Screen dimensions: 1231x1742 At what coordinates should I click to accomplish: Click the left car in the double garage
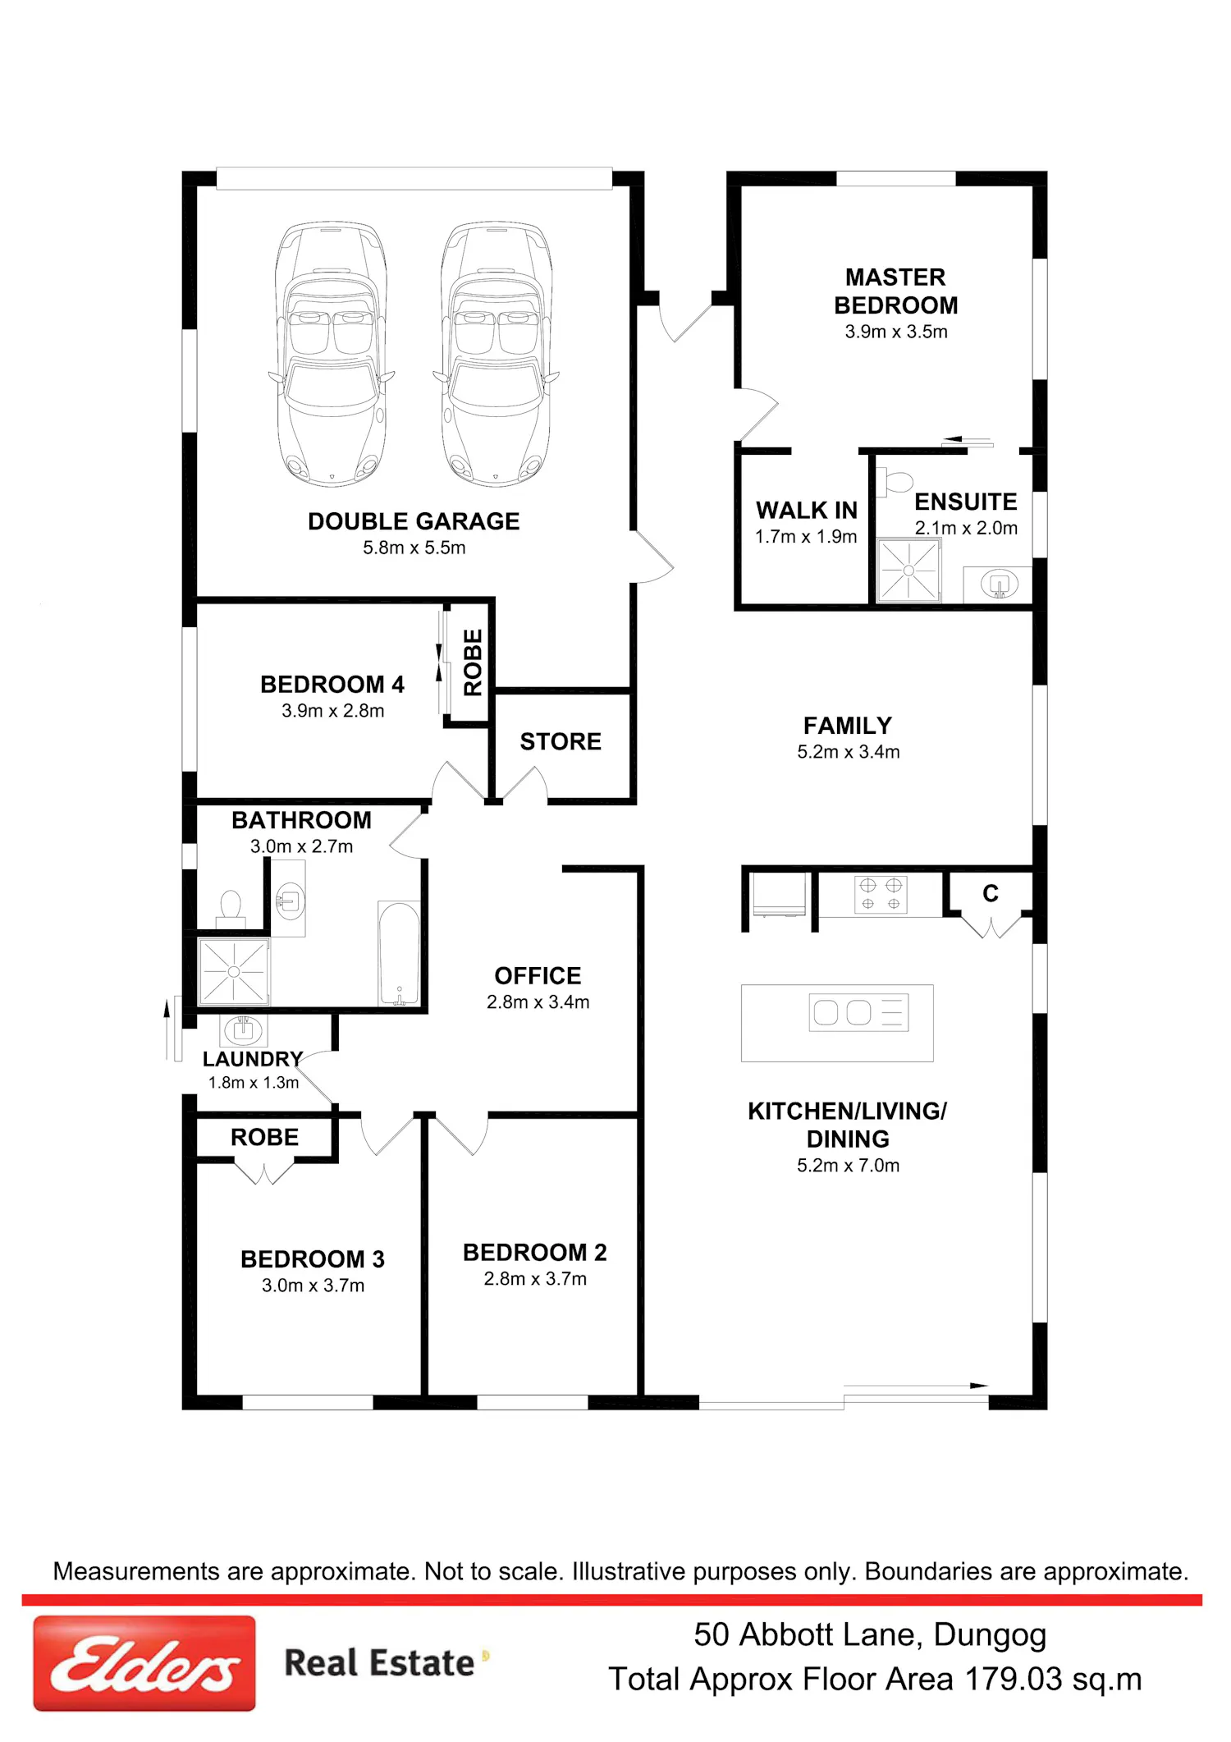pyautogui.click(x=331, y=354)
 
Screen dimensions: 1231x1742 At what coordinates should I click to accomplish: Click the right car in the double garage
pyautogui.click(x=496, y=354)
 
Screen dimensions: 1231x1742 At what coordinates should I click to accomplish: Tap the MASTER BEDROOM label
pyautogui.click(x=895, y=291)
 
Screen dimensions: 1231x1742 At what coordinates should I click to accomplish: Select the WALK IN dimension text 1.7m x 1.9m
pyautogui.click(x=806, y=537)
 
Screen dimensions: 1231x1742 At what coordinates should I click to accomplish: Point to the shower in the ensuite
pyautogui.click(x=908, y=571)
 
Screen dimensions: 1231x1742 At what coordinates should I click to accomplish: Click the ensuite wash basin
pyautogui.click(x=998, y=584)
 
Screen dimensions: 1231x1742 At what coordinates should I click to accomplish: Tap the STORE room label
pyautogui.click(x=561, y=741)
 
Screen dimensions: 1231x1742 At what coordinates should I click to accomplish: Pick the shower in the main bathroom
pyautogui.click(x=234, y=971)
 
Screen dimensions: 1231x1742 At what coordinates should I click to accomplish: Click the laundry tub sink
pyautogui.click(x=242, y=1029)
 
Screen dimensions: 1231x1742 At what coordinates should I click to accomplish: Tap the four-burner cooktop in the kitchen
pyautogui.click(x=881, y=895)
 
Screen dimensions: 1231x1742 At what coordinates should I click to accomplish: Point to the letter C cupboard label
pyautogui.click(x=991, y=893)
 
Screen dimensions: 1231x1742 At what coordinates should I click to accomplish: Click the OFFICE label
pyautogui.click(x=538, y=975)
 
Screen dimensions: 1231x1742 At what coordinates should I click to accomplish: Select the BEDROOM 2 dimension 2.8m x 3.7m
pyautogui.click(x=535, y=1279)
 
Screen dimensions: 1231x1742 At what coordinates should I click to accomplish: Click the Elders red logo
pyautogui.click(x=144, y=1663)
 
